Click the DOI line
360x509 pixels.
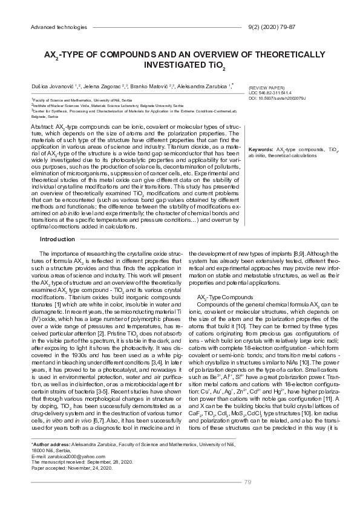(x=277, y=97)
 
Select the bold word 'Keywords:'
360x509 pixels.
(x=261, y=148)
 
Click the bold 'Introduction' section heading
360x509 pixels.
(x=57, y=239)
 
